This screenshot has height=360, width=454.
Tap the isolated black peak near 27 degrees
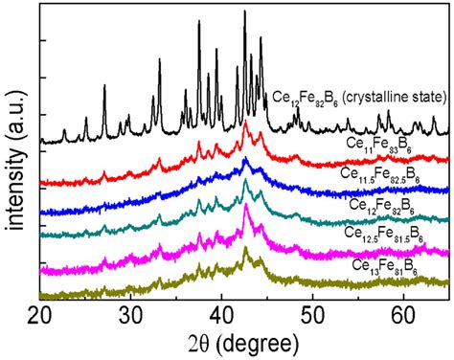[104, 87]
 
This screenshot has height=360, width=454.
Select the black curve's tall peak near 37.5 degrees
[199, 23]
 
